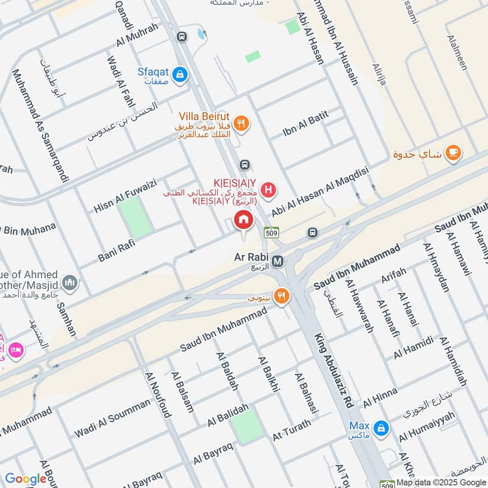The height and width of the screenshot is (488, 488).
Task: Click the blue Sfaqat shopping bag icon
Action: click(179, 75)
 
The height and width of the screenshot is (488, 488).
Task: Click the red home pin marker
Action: click(243, 221)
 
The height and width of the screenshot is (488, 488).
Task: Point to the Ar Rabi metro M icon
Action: click(278, 261)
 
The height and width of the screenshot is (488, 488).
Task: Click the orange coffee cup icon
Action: click(452, 153)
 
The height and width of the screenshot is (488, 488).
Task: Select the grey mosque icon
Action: click(70, 282)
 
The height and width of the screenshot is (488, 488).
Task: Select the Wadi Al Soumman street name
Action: click(112, 418)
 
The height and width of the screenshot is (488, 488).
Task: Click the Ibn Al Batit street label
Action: click(306, 123)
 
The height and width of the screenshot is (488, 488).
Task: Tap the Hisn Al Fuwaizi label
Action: click(125, 195)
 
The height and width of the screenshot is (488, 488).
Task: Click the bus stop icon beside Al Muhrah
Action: click(181, 37)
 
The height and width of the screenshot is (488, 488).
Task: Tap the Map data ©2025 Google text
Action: click(440, 482)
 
